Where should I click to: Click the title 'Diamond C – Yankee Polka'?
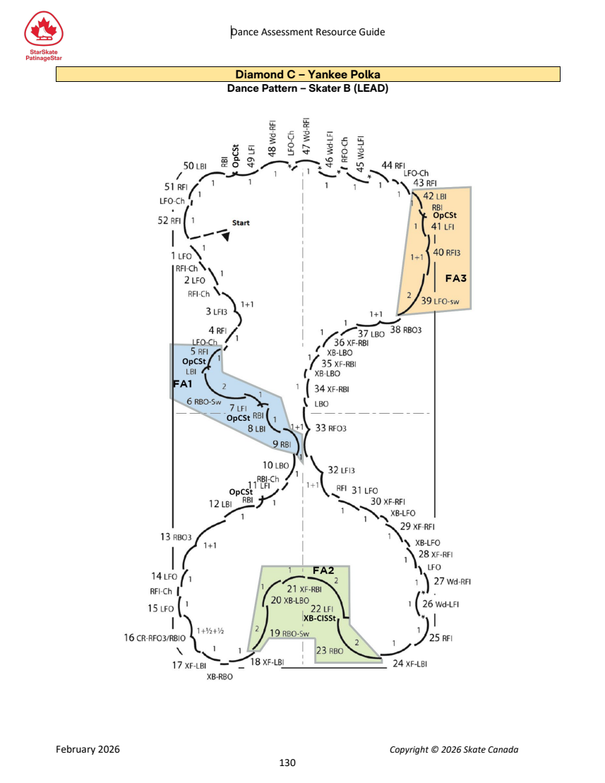pos(308,74)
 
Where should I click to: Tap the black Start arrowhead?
pos(226,236)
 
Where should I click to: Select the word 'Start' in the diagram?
pos(241,222)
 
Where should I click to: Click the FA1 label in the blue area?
pos(182,383)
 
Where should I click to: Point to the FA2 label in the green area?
pos(323,570)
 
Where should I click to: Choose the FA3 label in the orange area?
pos(456,278)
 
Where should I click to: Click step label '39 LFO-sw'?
pos(440,301)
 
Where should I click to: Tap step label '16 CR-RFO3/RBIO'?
pos(155,638)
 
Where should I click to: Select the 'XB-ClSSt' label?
pos(320,618)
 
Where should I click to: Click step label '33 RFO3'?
pos(330,428)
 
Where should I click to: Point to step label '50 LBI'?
pos(195,166)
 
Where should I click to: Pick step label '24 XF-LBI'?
pos(410,663)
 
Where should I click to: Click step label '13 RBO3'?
pos(176,537)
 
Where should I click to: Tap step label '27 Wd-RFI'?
pos(453,581)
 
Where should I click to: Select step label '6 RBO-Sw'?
pos(203,401)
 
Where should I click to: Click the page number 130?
pos(287,763)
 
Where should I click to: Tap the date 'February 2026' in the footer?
pos(88,749)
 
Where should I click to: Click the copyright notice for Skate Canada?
pos(454,750)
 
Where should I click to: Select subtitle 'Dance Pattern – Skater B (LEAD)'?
pos(308,88)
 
